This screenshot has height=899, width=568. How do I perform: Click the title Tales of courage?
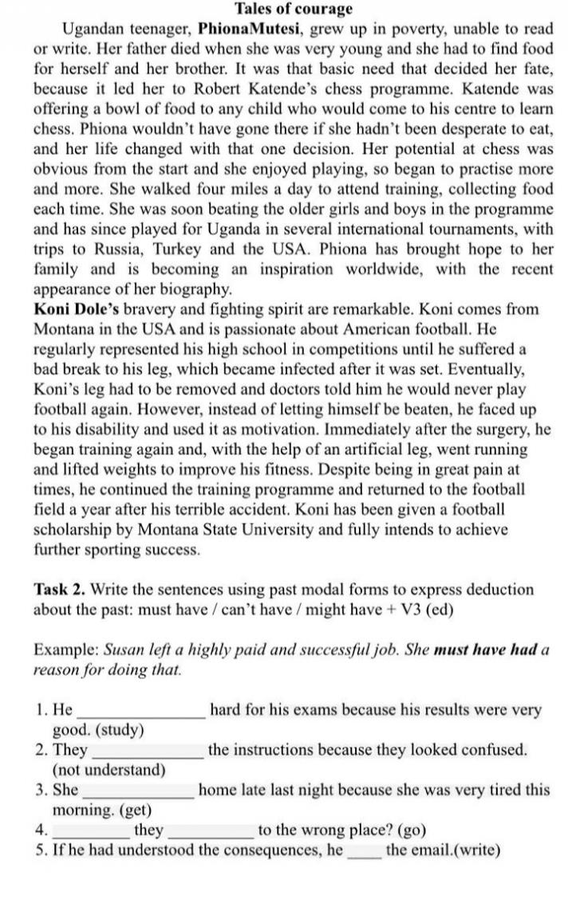(x=293, y=10)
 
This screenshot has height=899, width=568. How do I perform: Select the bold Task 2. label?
(x=61, y=590)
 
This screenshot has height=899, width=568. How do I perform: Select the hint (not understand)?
(x=108, y=770)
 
